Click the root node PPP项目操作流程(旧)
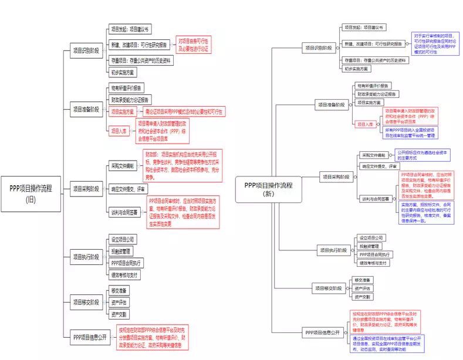[x=31, y=193]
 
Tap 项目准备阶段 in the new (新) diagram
[x=331, y=105]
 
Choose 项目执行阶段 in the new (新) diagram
[x=333, y=250]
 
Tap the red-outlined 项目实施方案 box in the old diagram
[x=122, y=111]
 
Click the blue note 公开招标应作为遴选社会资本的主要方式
[x=419, y=155]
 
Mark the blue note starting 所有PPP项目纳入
[x=410, y=133]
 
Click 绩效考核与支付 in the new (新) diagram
[x=373, y=263]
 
